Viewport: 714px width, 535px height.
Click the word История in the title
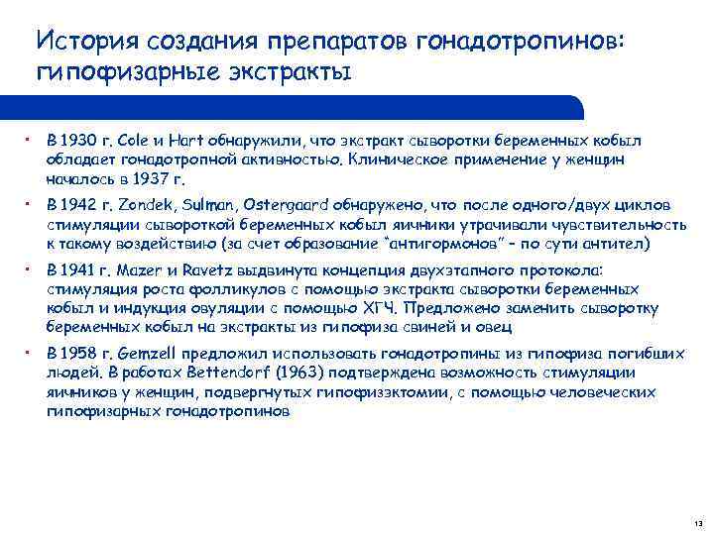pos(84,42)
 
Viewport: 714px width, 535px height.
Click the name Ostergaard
pos(286,205)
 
